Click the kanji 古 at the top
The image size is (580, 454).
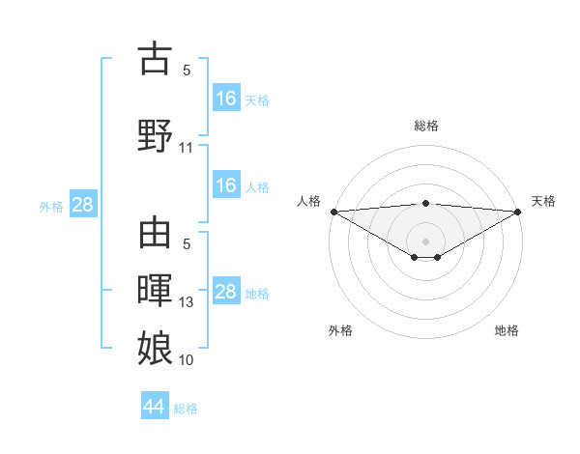[x=155, y=59]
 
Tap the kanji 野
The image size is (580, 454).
[x=155, y=136]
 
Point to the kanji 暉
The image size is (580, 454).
[x=155, y=291]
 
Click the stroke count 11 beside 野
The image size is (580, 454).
[x=187, y=148]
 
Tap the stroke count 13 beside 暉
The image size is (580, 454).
[x=187, y=302]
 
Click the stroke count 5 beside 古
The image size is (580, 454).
[x=187, y=71]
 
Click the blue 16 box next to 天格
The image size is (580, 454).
[x=225, y=99]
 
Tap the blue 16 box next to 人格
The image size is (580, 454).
[x=225, y=186]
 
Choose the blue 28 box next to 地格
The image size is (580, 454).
[x=225, y=292]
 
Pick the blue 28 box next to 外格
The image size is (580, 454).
[x=82, y=205]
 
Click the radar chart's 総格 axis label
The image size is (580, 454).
[x=425, y=126]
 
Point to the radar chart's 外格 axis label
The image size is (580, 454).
[x=340, y=330]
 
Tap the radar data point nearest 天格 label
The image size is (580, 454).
[x=518, y=211]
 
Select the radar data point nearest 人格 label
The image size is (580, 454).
[x=333, y=211]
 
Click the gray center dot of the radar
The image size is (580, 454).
[x=425, y=241]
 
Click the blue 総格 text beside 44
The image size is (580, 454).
[x=186, y=409]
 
